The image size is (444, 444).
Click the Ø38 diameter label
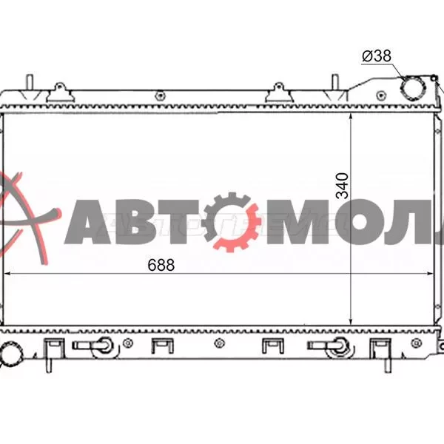click(376, 55)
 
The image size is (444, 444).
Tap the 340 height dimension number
click(342, 186)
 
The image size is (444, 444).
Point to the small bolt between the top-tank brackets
click(160, 94)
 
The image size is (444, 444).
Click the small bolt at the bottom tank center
click(219, 343)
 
